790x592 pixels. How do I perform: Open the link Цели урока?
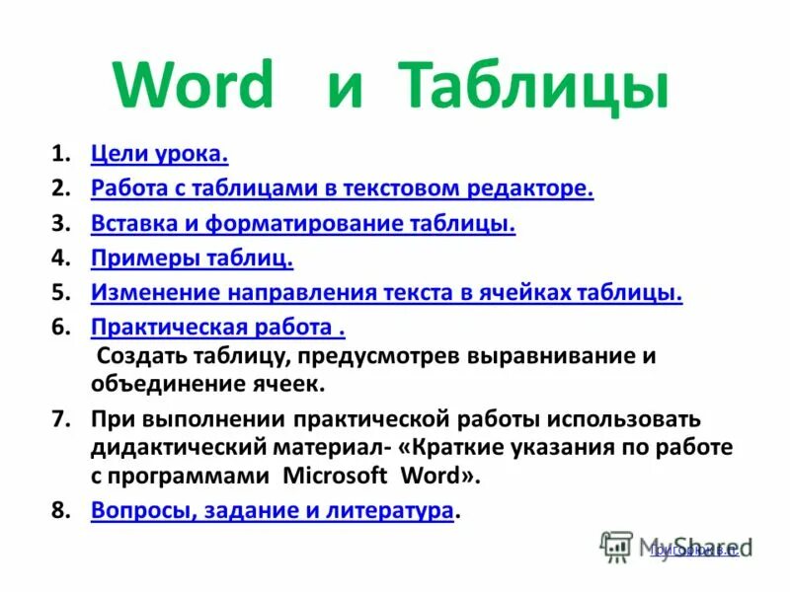[159, 154]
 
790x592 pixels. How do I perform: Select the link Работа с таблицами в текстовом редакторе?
[342, 188]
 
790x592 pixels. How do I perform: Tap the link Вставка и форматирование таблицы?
[303, 224]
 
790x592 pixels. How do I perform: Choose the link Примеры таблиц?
[192, 259]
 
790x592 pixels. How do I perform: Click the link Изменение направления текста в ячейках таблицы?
[386, 293]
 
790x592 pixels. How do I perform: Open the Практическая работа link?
[217, 328]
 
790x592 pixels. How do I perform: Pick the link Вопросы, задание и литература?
[273, 510]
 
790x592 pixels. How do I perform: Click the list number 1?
[60, 154]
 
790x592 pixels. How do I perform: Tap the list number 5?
[60, 293]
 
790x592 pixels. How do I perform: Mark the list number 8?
[60, 510]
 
